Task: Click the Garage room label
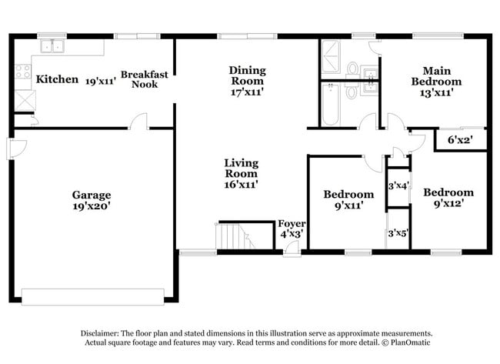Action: [92, 195]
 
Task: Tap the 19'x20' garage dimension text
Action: [92, 206]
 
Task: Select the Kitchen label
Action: [58, 79]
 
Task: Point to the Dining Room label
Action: [247, 75]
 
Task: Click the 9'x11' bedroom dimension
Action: [348, 205]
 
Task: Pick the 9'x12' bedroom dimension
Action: [448, 204]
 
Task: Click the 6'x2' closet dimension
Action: [460, 140]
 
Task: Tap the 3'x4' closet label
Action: [398, 185]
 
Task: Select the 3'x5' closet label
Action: [398, 233]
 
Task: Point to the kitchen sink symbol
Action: [53, 46]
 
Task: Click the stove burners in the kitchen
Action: [22, 72]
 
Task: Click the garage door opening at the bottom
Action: [92, 296]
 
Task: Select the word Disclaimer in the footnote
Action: [105, 332]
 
